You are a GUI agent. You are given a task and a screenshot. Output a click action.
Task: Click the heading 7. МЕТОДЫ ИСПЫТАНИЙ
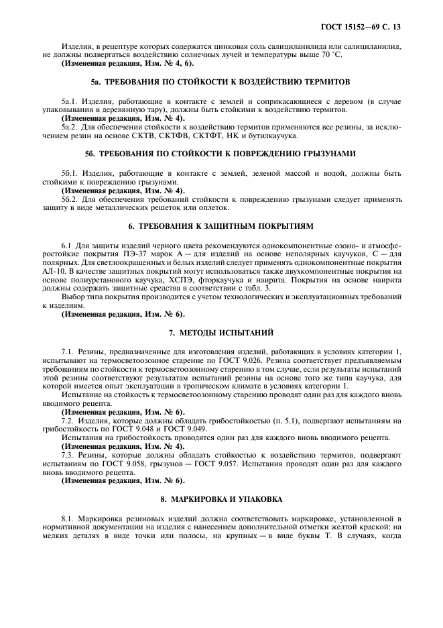tap(221, 333)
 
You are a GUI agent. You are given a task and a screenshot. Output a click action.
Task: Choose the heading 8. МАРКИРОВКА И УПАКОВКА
tap(221, 499)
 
